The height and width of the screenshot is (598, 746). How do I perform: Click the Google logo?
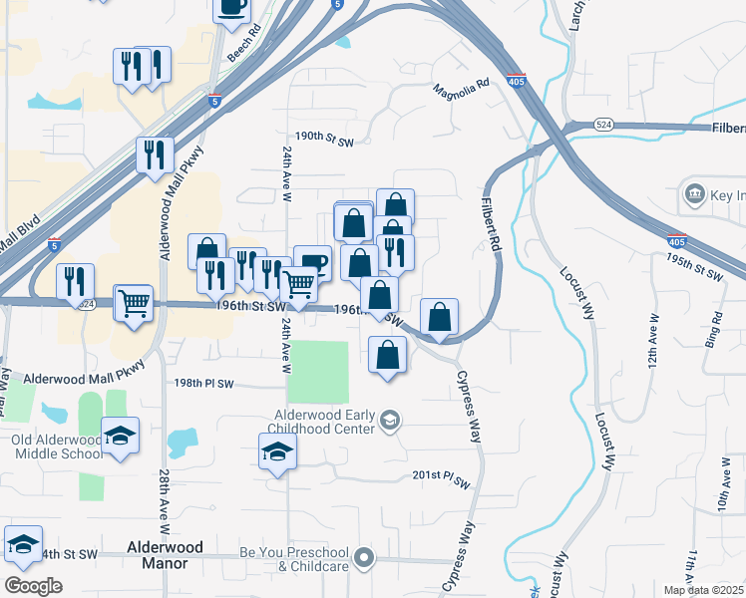click(33, 586)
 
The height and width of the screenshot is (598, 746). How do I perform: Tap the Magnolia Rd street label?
click(462, 90)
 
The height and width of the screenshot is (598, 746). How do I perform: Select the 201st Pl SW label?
click(441, 477)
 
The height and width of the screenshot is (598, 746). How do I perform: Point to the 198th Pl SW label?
click(203, 384)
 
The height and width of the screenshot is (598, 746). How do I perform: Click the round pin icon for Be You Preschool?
click(365, 559)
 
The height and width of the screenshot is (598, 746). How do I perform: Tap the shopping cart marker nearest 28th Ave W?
click(134, 303)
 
